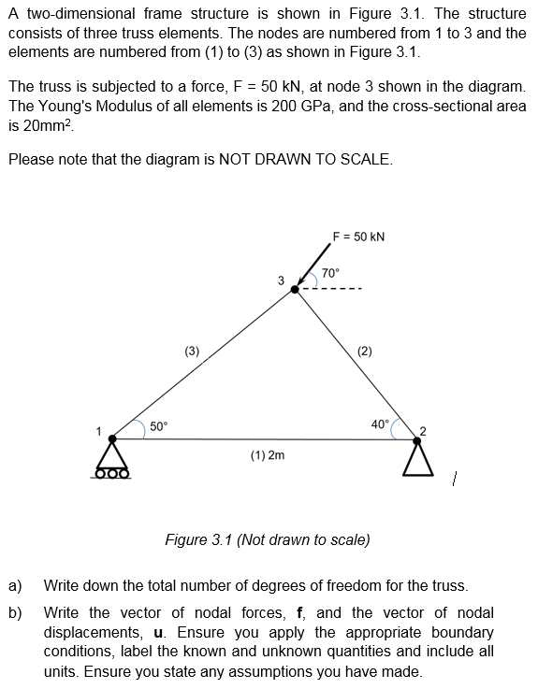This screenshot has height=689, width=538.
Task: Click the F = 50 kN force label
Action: click(x=359, y=237)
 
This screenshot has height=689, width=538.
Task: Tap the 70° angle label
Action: click(x=329, y=273)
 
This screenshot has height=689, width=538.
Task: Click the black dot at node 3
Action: click(x=296, y=290)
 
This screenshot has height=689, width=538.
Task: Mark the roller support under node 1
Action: click(x=112, y=460)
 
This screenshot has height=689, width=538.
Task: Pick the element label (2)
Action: click(x=365, y=352)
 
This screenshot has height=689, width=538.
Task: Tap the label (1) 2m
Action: click(x=268, y=455)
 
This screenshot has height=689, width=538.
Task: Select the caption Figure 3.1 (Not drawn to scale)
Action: click(x=267, y=539)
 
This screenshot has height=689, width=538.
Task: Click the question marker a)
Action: click(x=15, y=586)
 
